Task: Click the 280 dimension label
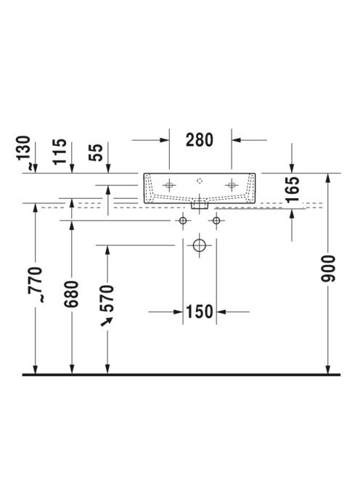(199, 140)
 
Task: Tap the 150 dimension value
(200, 311)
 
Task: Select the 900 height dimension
(328, 269)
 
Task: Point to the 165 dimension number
(292, 189)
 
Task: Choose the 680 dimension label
(72, 294)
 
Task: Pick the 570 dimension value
(107, 298)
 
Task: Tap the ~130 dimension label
(24, 152)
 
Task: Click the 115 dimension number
(60, 152)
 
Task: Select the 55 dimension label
(96, 152)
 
